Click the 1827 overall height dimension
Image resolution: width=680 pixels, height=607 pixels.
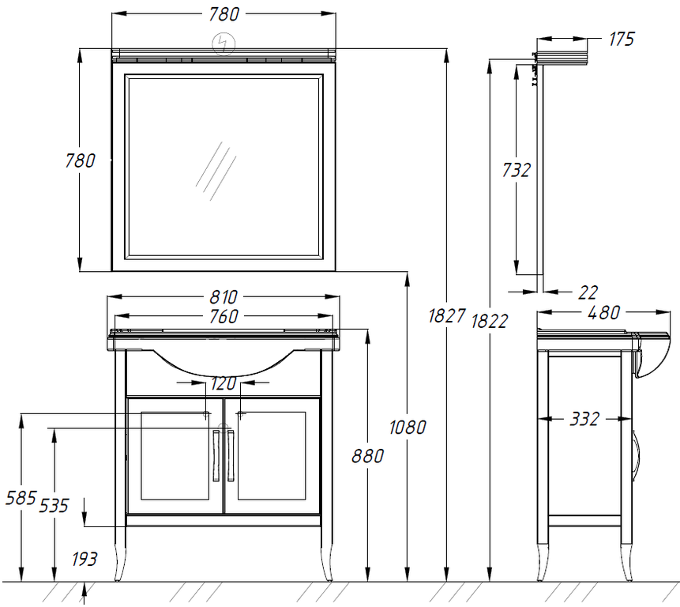coord(447,315)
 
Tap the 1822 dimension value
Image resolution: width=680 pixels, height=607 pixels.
coord(489,321)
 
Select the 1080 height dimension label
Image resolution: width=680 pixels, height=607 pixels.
coord(408,428)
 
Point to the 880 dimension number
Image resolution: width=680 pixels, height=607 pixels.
coord(368,456)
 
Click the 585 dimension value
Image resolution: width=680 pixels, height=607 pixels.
coord(21,498)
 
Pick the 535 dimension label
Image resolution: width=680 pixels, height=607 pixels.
coord(54,506)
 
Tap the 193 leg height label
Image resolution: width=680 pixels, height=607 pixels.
coord(85,559)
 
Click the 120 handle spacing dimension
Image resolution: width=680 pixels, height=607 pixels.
coord(224,383)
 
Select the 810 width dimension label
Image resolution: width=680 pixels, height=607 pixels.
coord(224,297)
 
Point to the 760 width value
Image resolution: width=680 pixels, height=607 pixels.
coord(224,316)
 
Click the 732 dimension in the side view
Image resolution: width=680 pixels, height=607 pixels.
coord(516,170)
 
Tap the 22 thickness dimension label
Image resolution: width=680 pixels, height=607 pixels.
coord(588,292)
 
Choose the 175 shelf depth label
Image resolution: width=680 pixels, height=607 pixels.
coord(622,39)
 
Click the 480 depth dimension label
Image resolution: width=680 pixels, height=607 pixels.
coord(603,312)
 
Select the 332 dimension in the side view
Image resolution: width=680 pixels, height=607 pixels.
coord(584,419)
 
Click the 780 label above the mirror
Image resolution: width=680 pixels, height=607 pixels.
coord(224,14)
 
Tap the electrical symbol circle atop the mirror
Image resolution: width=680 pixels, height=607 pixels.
coord(224,43)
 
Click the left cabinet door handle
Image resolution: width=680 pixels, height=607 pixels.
coord(216,455)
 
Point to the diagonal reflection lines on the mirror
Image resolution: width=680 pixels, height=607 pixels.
coord(216,171)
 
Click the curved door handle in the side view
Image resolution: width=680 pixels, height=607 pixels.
coord(637,455)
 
